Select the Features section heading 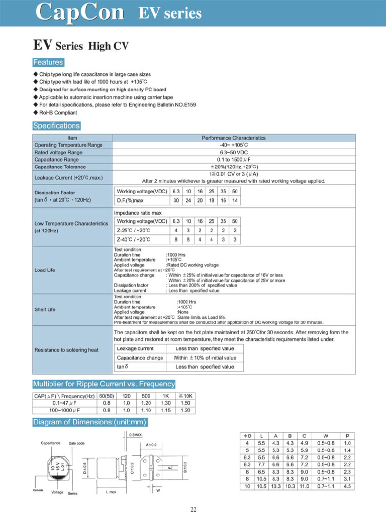point(48,63)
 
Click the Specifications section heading point(56,126)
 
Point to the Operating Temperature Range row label point(68,145)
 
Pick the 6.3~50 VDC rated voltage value point(234,152)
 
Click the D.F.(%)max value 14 point(235,201)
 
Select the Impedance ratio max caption point(138,213)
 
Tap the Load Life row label point(45,270)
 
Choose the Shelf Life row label point(45,310)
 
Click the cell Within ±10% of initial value point(205,358)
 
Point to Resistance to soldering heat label point(66,350)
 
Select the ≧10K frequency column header point(185,396)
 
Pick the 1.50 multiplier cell point(185,403)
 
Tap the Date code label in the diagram point(76,443)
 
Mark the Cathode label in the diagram point(38,490)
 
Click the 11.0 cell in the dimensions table point(305,486)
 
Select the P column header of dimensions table point(347,436)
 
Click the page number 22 point(193,510)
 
